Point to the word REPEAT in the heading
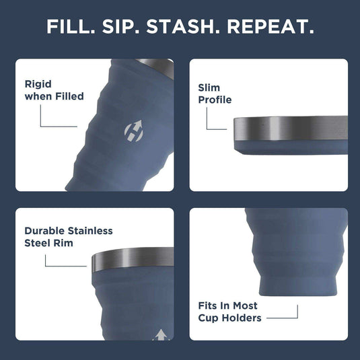[270, 28]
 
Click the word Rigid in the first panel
[38, 84]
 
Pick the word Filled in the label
[69, 96]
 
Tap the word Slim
[209, 87]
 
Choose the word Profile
[215, 100]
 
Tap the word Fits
[210, 305]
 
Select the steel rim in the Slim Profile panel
[289, 128]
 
